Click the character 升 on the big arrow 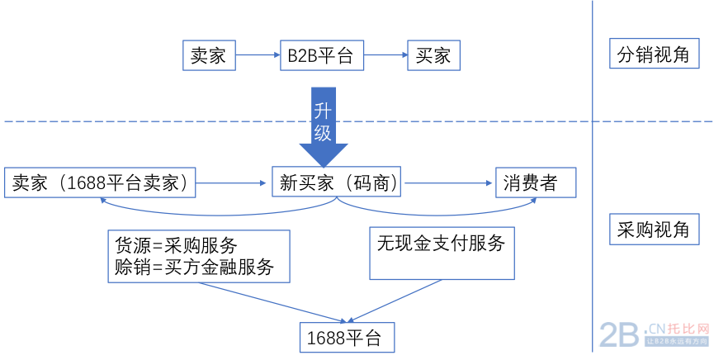[x=323, y=111]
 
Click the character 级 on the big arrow [x=323, y=132]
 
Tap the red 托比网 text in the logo [x=688, y=329]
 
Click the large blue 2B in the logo [x=619, y=335]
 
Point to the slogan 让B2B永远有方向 [x=677, y=341]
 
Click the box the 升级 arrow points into [x=336, y=182]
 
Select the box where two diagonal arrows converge [x=347, y=338]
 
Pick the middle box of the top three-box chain [x=322, y=55]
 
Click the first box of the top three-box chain [x=209, y=55]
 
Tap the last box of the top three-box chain [x=433, y=55]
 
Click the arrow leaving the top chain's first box [x=258, y=55]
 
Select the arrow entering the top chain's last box [x=385, y=55]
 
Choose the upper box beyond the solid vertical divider [x=654, y=53]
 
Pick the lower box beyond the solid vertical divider [x=654, y=229]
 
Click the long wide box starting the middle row [x=100, y=182]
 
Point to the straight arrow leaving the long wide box [x=231, y=183]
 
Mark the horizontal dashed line [x=165, y=121]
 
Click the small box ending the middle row [x=536, y=182]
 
